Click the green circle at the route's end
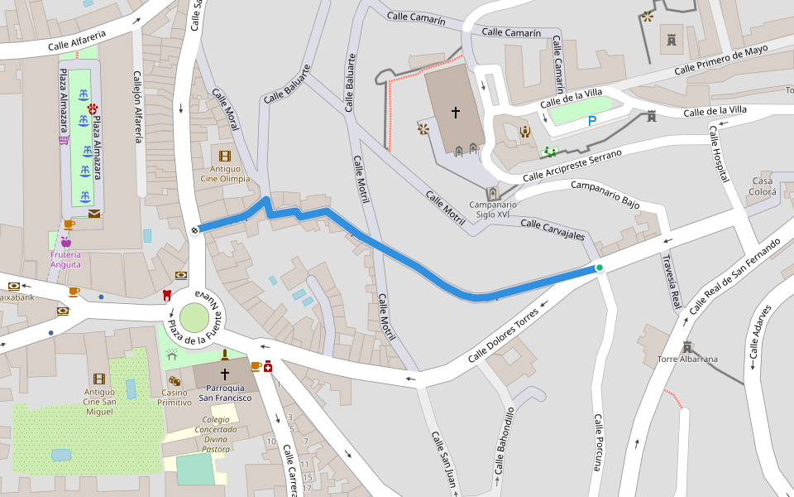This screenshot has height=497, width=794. [x=599, y=268]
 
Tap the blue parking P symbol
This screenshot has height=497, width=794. [x=591, y=121]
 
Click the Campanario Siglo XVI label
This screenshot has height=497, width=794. [x=493, y=210]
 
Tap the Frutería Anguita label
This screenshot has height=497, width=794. [x=65, y=259]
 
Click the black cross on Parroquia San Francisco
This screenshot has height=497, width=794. [x=224, y=374]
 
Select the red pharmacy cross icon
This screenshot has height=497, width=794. [x=268, y=365]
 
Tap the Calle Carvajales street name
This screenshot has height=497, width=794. [x=552, y=230]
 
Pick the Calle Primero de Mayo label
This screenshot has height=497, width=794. [x=720, y=60]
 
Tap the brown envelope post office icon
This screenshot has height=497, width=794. [x=94, y=214]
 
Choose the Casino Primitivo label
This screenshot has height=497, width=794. [x=175, y=397]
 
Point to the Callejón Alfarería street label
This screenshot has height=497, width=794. [x=138, y=108]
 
